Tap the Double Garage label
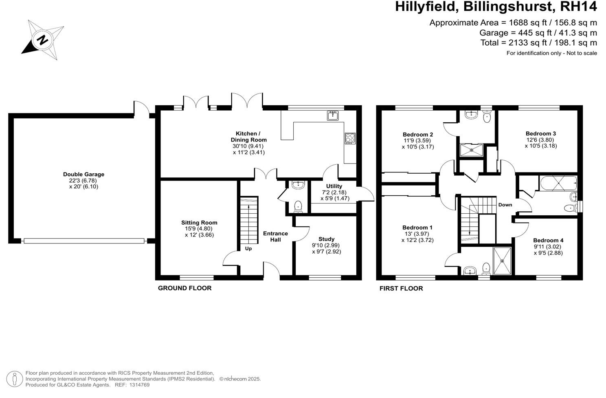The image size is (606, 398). point(83,175)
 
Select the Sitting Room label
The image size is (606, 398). point(199,223)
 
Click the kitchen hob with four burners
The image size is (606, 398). point(350,138)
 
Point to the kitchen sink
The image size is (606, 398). point(333,116)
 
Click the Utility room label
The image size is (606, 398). point(334,186)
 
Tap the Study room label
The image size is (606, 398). point(326,239)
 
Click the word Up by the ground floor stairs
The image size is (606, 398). point(248,249)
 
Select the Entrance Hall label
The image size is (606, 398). point(275,237)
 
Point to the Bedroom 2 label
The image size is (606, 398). point(417,135)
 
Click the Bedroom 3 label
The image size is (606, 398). point(540,134)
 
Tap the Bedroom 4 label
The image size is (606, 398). point(548,241)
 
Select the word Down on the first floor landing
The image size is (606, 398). point(505,205)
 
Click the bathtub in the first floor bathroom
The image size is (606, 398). point(557,183)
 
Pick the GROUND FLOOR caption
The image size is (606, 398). point(184,288)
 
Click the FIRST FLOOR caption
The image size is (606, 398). point(401,289)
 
